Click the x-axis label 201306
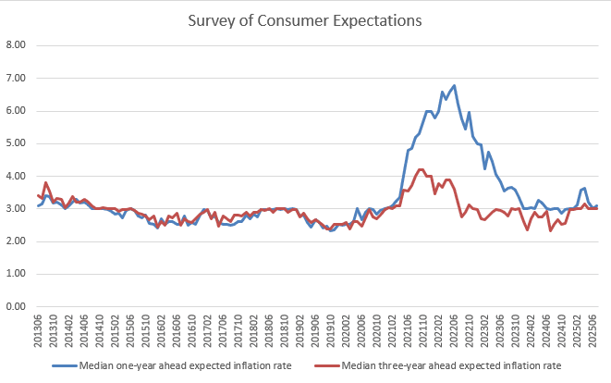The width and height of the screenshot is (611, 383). coord(38,329)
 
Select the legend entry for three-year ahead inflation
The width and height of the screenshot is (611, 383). coord(462,364)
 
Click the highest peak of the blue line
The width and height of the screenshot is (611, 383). coord(455,85)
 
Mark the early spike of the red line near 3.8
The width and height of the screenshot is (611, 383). coord(46,182)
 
